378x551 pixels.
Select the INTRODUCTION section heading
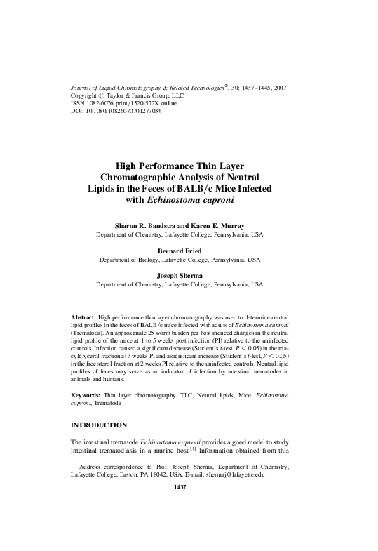(x=100, y=425)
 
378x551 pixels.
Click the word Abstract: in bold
(x=84, y=318)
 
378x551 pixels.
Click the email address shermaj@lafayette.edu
(x=232, y=475)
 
